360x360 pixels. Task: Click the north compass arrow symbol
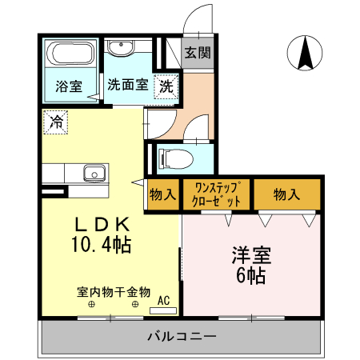[x=304, y=54]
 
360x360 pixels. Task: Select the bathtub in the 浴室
[x=68, y=55]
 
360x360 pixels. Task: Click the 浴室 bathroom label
[x=68, y=86]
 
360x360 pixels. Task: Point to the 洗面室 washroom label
[x=127, y=83]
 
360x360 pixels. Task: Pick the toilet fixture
[x=175, y=156]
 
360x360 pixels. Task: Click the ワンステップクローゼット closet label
[x=212, y=194]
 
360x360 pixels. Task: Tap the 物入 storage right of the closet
[x=287, y=194]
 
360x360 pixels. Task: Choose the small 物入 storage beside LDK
[x=162, y=194]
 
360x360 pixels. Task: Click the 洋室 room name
[x=250, y=256]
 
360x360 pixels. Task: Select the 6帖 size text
[x=250, y=277]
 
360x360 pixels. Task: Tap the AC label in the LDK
[x=163, y=301]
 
